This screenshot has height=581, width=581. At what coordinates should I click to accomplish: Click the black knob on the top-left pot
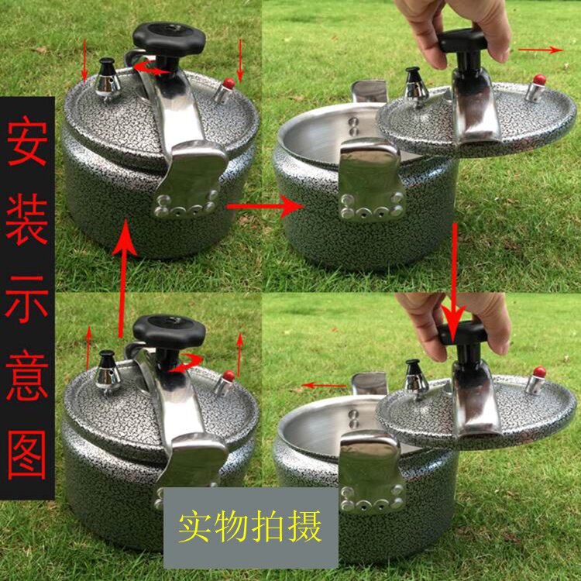[169, 39]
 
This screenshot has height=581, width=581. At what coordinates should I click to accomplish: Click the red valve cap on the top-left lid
[229, 84]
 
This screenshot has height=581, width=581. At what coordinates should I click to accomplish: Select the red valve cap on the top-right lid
[539, 80]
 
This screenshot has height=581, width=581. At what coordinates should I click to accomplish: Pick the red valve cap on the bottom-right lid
[539, 372]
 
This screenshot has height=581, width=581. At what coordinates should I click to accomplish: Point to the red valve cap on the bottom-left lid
[229, 376]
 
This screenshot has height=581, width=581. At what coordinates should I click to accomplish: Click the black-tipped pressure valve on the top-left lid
[107, 80]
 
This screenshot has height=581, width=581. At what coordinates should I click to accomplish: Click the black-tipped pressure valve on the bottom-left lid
[107, 373]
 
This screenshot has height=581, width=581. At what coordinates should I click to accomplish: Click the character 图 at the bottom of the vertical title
[27, 455]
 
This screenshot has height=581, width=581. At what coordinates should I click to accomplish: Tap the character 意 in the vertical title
[27, 376]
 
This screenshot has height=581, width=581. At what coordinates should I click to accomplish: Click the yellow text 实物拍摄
[249, 527]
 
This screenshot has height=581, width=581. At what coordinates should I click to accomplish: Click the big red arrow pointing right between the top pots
[265, 206]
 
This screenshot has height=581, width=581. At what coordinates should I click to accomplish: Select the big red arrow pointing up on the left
[125, 278]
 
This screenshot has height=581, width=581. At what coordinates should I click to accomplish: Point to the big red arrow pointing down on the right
[454, 284]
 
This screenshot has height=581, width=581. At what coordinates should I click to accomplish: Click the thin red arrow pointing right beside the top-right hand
[541, 50]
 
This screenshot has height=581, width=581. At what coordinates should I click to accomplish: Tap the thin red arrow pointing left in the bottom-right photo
[325, 385]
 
